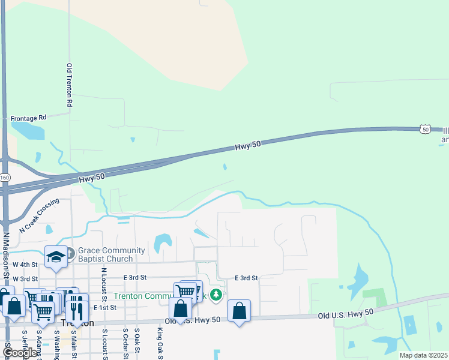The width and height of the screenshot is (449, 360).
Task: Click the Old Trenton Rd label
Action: click(70, 85)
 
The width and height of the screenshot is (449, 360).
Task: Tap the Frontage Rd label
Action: click(28, 118)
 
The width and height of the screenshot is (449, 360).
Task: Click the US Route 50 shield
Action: click(425, 129)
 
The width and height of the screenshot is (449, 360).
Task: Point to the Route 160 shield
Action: click(5, 178)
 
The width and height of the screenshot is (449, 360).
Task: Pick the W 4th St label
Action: click(25, 265)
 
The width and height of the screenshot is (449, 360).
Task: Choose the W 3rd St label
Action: click(25, 279)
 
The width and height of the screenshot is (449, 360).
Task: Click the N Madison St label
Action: click(7, 255)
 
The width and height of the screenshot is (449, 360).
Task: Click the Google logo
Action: click(19, 353)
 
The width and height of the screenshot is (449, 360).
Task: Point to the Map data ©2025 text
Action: click(423, 355)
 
